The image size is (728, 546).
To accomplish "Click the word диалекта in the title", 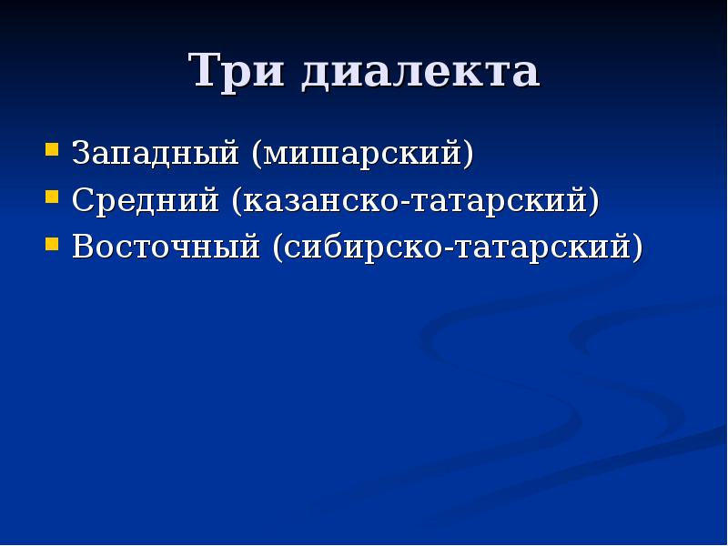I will click(420, 74).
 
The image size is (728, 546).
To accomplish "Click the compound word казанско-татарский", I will click(415, 201).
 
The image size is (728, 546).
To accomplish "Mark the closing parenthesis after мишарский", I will click(468, 154).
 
